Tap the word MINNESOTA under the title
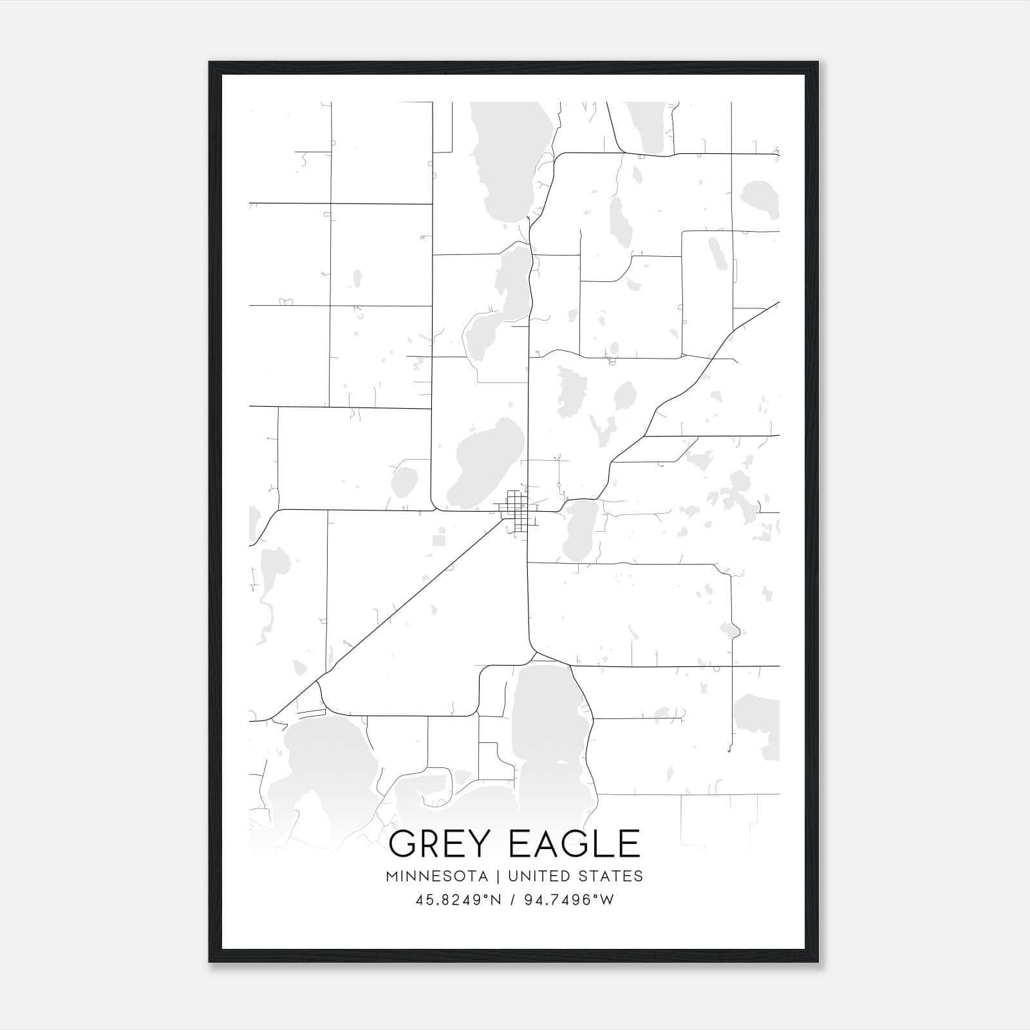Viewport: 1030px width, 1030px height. click(437, 876)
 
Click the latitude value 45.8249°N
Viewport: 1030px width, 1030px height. click(458, 900)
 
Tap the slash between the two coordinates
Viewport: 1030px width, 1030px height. click(513, 900)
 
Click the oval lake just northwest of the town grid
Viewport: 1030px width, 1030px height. click(483, 460)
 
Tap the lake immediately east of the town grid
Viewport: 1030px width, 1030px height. click(579, 531)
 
